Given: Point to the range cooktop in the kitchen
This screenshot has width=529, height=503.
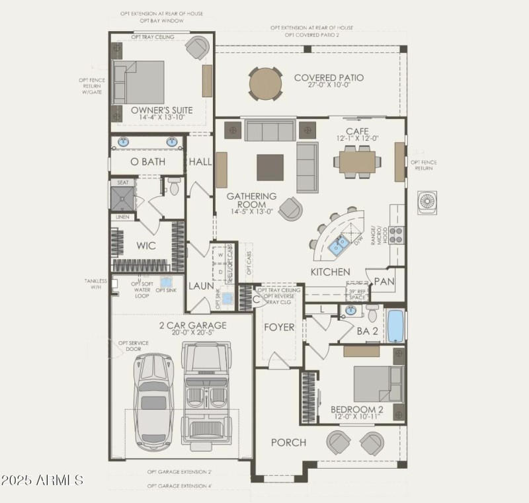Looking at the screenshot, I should point(396,232).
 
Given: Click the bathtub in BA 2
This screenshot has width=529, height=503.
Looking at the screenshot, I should point(395,325).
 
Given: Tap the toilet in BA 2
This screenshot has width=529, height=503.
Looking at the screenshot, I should point(372,312).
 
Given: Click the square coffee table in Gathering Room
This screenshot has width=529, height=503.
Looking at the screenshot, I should point(270,167).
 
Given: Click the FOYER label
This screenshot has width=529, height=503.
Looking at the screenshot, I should point(279,327).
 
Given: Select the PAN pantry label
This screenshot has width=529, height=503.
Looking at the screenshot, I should point(384,282).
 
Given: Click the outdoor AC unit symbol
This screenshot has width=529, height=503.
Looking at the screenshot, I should point(427,202).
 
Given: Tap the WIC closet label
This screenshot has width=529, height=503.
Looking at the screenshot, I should point(145,246).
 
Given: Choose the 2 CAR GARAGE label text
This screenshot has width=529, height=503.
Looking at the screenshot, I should point(192,325).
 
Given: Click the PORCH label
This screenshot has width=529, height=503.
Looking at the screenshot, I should point(288,442).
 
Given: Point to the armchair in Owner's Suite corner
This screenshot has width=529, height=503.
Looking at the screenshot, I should point(196,48).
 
